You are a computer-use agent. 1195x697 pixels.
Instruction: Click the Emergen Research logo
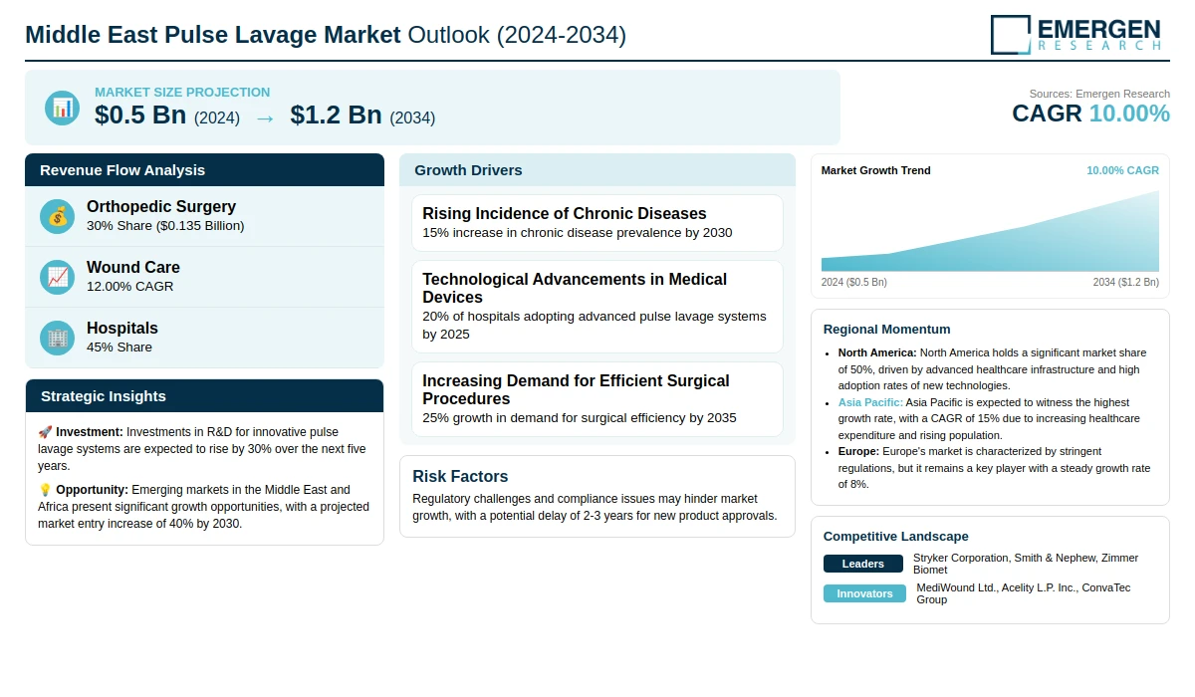[1075, 35]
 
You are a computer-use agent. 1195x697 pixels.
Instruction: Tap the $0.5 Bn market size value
[140, 116]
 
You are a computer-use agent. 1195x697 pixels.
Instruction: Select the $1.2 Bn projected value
[337, 116]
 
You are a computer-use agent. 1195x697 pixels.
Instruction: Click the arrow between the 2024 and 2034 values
[265, 118]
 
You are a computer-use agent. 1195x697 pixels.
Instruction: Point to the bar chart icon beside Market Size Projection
[63, 109]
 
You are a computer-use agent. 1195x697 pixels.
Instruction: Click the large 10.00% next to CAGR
[1129, 114]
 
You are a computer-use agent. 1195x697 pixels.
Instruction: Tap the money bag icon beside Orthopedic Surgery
[57, 216]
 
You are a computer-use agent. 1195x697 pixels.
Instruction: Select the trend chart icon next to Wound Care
[57, 278]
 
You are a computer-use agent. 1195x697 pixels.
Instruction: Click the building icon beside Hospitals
[57, 339]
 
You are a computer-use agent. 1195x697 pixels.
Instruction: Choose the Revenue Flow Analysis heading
[122, 170]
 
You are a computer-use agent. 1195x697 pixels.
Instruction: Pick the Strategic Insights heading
[103, 396]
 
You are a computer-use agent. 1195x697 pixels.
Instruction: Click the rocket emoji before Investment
[45, 431]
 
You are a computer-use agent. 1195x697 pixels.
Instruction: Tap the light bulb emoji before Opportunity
[45, 490]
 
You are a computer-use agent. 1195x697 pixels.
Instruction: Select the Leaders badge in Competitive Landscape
[863, 564]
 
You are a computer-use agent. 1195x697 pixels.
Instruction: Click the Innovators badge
[864, 593]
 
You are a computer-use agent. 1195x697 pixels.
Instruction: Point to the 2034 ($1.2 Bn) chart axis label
[1125, 282]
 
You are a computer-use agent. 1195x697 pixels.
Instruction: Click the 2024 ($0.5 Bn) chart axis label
[854, 282]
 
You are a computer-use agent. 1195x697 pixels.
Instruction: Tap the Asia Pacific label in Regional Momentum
[870, 402]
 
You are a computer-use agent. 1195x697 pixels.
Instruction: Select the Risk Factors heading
[460, 476]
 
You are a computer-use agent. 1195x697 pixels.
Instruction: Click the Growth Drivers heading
[468, 170]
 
